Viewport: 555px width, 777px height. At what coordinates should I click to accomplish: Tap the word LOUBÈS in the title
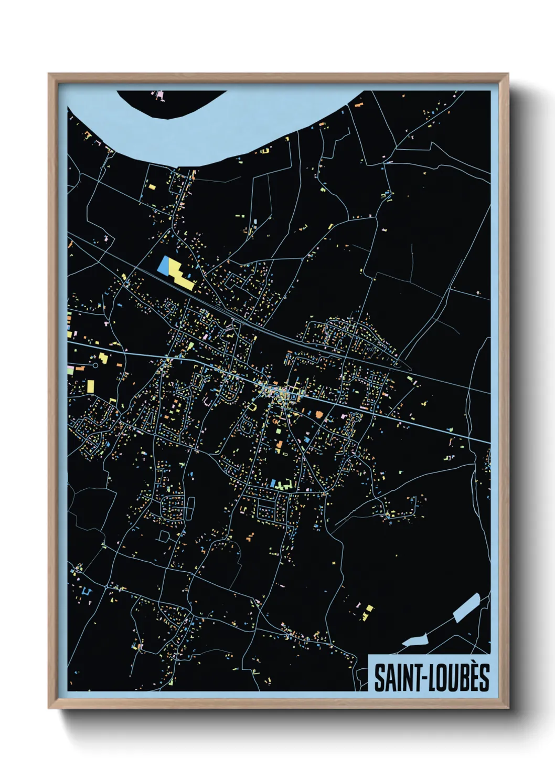[x=460, y=678]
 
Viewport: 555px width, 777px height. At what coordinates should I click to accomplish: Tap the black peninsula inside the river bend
[x=168, y=102]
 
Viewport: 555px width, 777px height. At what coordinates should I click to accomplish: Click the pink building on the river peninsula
[x=158, y=96]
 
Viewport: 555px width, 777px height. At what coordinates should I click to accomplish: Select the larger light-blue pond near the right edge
[x=466, y=607]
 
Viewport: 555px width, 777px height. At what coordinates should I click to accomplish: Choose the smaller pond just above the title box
[x=415, y=640]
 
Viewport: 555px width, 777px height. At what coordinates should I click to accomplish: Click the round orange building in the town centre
[x=318, y=414]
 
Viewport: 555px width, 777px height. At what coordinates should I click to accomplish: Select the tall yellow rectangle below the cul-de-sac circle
[x=90, y=386]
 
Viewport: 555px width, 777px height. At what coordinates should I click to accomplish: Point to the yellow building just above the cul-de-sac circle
[x=103, y=358]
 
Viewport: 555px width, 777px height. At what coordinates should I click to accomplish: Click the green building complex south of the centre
[x=283, y=485]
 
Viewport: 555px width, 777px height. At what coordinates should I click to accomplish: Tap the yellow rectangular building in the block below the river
[x=151, y=186]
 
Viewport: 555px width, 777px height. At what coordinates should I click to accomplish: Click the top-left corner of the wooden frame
[x=49, y=74]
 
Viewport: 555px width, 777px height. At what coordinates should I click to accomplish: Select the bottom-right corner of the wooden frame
[x=508, y=708]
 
